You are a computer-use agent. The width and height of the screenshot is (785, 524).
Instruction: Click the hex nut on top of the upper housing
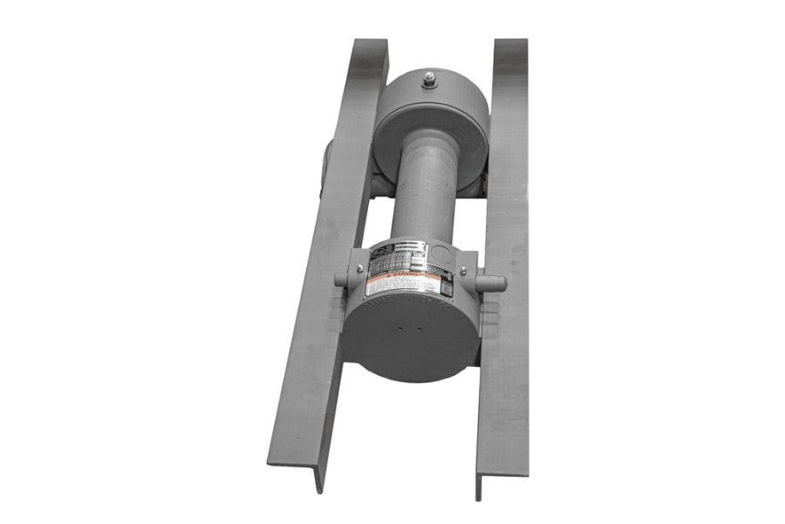pyautogui.click(x=429, y=81)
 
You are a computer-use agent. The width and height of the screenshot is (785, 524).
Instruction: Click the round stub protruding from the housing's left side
pyautogui.click(x=341, y=280)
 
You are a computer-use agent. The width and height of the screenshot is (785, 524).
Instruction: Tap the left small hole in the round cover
pyautogui.click(x=399, y=331)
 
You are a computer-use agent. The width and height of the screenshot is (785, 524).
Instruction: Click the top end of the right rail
pyautogui.click(x=510, y=44)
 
